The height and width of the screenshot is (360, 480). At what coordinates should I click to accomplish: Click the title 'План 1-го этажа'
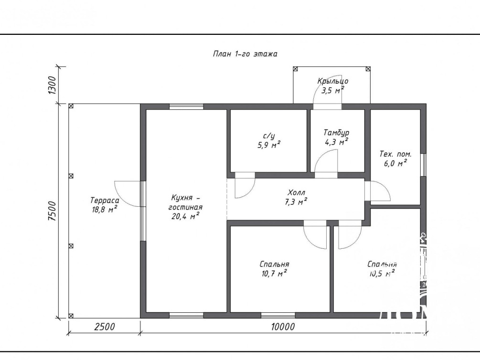(245, 54)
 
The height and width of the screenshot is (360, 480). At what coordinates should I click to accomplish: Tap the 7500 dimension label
(53, 212)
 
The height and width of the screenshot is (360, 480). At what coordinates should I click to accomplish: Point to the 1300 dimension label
(53, 85)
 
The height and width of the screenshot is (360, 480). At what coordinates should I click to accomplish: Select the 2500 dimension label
(105, 327)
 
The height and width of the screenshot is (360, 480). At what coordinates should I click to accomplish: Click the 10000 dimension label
(283, 327)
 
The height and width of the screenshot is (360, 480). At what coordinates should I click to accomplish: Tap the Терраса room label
(105, 201)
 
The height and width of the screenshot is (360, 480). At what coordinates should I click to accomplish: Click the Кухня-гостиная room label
(185, 202)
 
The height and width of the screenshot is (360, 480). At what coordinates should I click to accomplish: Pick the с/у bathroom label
(269, 136)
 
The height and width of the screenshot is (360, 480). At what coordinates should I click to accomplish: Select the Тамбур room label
(336, 133)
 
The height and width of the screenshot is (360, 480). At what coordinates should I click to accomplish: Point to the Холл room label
(296, 192)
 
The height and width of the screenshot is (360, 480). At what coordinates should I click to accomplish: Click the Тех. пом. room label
(395, 154)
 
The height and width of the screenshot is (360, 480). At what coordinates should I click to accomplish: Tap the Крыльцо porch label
(333, 81)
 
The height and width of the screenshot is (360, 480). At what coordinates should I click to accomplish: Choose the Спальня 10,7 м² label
(274, 268)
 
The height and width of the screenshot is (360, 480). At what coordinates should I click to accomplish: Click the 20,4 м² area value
(185, 216)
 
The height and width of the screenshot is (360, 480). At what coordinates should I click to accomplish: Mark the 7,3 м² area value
(296, 202)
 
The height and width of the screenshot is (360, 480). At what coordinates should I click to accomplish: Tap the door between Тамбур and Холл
(326, 164)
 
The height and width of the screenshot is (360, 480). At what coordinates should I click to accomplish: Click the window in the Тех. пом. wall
(423, 165)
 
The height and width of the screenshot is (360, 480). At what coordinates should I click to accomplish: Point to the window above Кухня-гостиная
(186, 106)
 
